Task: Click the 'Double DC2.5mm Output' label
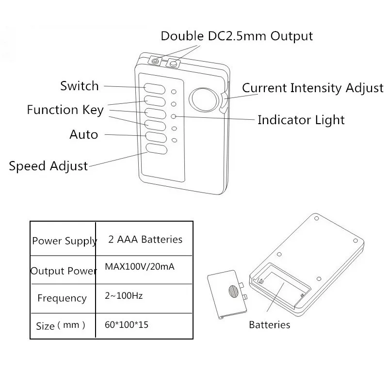(237, 36)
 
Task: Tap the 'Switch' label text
(80, 86)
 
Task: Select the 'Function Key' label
(65, 110)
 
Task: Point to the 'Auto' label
(83, 134)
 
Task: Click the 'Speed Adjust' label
(48, 166)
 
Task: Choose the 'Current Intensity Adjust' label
(312, 88)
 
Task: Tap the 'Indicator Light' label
(301, 120)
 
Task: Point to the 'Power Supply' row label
(65, 241)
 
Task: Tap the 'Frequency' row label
(62, 298)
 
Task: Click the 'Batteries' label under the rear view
(269, 325)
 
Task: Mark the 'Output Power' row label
(64, 271)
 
